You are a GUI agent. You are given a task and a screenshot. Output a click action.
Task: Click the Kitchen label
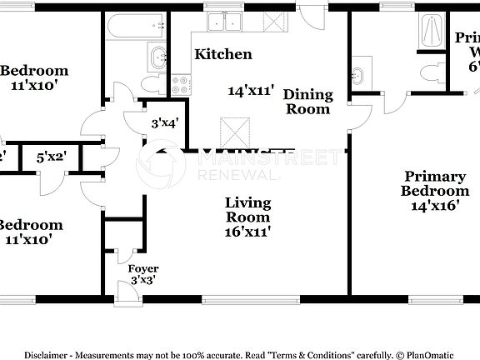click(222, 54)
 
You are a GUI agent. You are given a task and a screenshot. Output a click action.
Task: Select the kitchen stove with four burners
click(180, 82)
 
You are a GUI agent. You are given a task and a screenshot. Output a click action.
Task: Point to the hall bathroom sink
click(157, 58)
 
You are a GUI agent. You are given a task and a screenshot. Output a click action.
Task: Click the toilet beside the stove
click(152, 84)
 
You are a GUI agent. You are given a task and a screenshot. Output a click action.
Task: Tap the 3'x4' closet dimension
click(163, 123)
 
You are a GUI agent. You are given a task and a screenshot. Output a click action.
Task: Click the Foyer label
click(142, 268)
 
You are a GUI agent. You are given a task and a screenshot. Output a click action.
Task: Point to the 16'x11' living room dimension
click(248, 232)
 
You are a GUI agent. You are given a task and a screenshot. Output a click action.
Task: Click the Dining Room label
click(307, 102)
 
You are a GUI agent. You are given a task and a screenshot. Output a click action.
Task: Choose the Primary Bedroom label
click(434, 183)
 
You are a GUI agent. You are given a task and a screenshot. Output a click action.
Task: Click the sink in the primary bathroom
click(359, 73)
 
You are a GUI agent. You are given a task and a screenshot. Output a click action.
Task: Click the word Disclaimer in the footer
click(52, 354)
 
